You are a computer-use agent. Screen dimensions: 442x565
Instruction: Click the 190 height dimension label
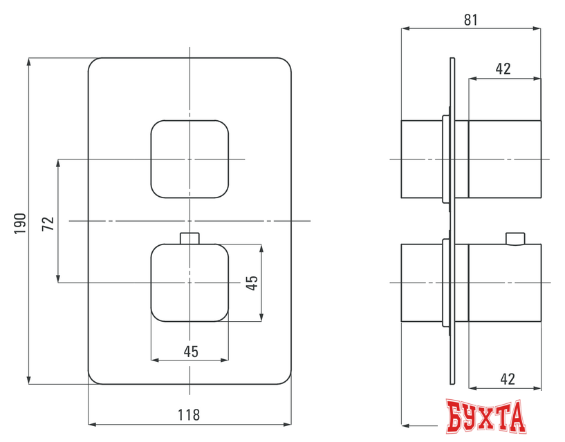point(20,222)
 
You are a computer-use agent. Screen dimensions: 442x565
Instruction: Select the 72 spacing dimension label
point(48,222)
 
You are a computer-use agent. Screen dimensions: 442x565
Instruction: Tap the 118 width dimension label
point(189,414)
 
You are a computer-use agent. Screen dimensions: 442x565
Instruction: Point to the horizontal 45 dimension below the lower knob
point(191,351)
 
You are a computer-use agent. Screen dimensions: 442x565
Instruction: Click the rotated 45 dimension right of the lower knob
point(252,282)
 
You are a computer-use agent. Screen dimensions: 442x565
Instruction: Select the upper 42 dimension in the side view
point(503,68)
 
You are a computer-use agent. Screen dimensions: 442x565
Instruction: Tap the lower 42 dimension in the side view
point(507,378)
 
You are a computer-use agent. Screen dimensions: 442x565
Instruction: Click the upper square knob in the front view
point(189,159)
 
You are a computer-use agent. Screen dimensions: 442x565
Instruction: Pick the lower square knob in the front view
point(189,282)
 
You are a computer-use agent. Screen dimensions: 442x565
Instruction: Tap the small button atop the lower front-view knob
point(189,238)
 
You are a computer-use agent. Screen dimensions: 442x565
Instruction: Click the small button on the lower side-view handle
point(515,239)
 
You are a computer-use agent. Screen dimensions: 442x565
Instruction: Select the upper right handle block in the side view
point(505,159)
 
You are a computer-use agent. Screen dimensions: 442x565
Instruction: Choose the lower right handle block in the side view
point(505,283)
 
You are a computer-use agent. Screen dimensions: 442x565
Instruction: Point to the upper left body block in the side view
point(420,159)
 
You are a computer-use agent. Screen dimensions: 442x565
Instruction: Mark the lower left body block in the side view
point(420,283)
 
